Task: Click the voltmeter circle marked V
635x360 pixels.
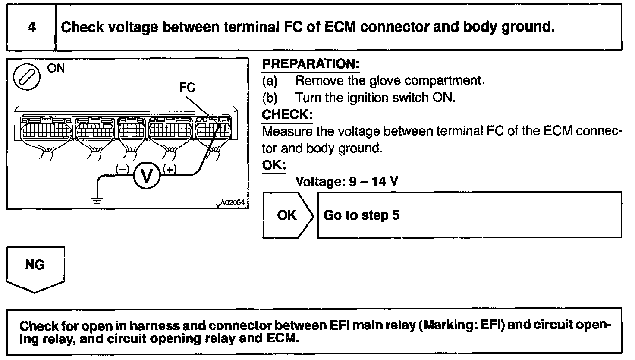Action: tap(146, 176)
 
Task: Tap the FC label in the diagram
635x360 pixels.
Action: tap(187, 88)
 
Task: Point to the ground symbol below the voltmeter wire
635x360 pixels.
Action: tap(97, 199)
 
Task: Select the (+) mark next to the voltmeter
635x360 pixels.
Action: tap(170, 170)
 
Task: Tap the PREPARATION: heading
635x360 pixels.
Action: tap(311, 64)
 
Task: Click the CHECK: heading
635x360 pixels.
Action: tap(287, 115)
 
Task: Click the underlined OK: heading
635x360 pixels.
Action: tap(274, 165)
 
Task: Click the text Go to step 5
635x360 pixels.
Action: tap(362, 215)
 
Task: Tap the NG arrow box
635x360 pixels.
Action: tap(35, 268)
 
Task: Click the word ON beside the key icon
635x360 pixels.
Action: tap(56, 69)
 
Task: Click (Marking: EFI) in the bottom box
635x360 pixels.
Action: tap(462, 325)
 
